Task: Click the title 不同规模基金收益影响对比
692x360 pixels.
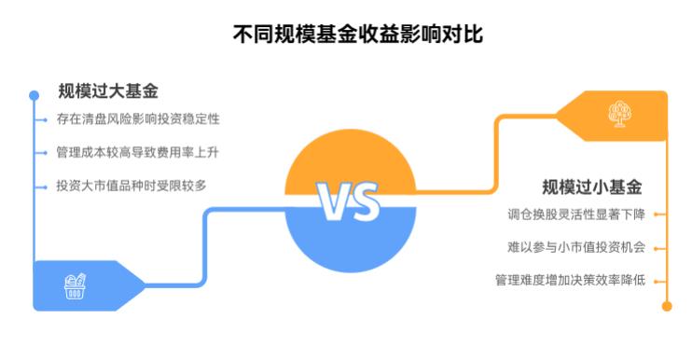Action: click(346, 35)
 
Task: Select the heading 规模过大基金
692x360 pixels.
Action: click(107, 91)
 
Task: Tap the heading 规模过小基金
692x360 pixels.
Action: click(592, 186)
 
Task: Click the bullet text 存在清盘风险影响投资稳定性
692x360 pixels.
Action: click(137, 119)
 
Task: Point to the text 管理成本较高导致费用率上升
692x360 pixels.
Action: click(137, 152)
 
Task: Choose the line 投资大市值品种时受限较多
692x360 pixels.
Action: click(131, 185)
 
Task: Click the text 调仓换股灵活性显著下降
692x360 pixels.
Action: click(575, 215)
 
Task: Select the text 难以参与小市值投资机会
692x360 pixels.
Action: click(575, 247)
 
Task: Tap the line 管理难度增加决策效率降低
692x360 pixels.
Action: click(570, 279)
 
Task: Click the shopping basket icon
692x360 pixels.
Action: click(76, 284)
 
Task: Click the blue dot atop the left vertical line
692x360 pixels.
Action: click(35, 95)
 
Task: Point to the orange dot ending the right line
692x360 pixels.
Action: click(666, 304)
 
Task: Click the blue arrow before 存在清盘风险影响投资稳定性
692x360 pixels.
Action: click(44, 120)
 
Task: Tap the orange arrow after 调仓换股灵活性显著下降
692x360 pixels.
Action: click(657, 215)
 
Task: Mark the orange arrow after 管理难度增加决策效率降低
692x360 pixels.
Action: click(657, 280)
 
